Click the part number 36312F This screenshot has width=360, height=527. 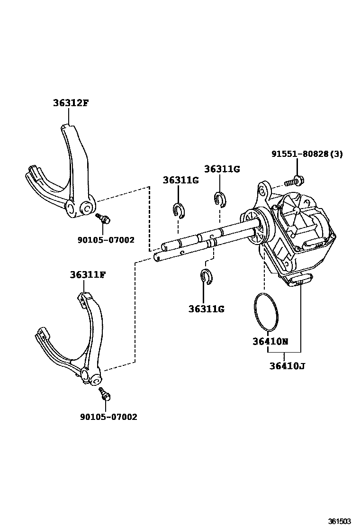(70, 102)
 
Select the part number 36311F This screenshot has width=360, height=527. (88, 274)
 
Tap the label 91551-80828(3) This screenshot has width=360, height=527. (307, 154)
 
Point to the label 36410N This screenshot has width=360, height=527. (270, 342)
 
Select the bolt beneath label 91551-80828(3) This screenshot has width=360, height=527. (294, 181)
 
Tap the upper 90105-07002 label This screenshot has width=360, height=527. (106, 240)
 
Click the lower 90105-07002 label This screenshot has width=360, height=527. (108, 417)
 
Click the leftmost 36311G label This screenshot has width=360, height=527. (180, 180)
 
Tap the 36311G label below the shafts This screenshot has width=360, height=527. (206, 309)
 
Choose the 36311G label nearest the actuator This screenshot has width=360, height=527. (222, 169)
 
